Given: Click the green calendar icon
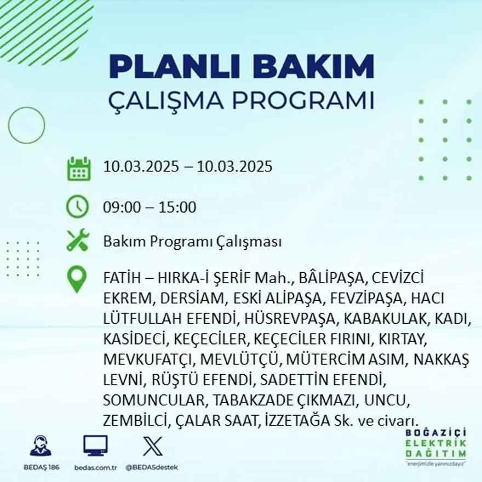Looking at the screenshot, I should (78, 169).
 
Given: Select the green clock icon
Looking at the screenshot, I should (77, 206).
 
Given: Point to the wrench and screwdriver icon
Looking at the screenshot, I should (77, 240).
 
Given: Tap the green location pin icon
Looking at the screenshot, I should (77, 279).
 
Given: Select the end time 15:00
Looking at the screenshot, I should (177, 208).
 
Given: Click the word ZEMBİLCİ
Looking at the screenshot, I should (136, 420).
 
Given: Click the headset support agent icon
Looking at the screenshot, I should (41, 446).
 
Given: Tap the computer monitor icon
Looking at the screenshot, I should (95, 446).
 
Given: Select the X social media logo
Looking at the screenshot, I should (152, 446).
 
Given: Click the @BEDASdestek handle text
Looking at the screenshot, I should (152, 467).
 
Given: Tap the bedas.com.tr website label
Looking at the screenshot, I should (95, 467).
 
